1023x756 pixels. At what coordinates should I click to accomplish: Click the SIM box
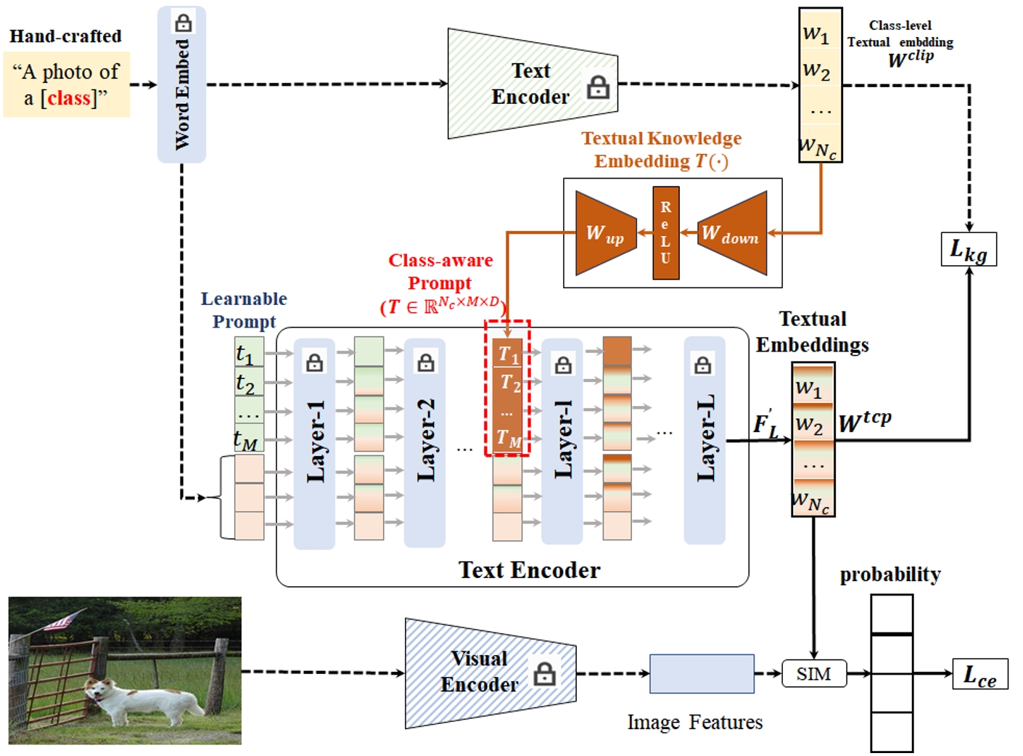tap(814, 674)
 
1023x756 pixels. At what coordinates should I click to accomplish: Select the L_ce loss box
tap(979, 675)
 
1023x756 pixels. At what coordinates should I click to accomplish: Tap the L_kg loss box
tap(969, 250)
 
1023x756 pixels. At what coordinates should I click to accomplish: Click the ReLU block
tap(666, 233)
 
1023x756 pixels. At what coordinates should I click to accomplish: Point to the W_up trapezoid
tap(604, 233)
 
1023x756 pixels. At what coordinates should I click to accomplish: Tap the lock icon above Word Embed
tap(183, 23)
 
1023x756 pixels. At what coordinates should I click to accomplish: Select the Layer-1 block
tap(314, 443)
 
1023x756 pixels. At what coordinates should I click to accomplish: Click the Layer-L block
tap(704, 440)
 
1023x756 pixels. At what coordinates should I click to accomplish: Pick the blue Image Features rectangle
tap(702, 673)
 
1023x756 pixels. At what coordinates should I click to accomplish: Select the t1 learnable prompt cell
tap(248, 354)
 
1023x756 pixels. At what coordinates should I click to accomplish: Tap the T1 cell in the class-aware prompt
tap(507, 354)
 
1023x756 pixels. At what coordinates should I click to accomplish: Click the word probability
tap(890, 574)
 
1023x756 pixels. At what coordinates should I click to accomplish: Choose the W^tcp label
tap(865, 422)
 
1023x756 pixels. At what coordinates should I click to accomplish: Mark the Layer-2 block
tap(424, 443)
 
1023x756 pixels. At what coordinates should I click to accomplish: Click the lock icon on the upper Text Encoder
tap(598, 87)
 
